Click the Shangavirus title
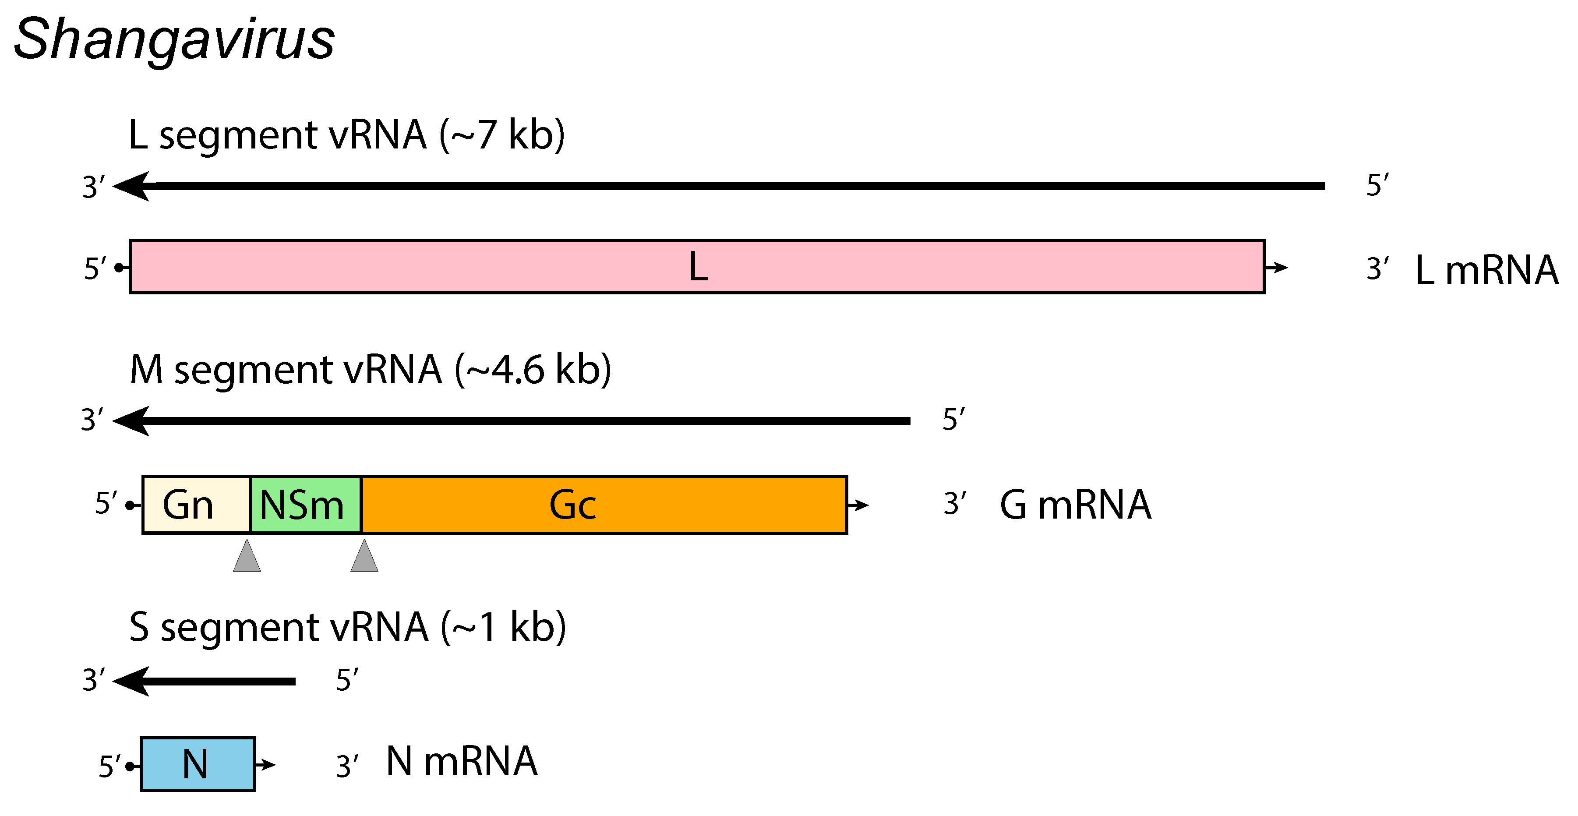(174, 40)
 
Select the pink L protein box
(697, 266)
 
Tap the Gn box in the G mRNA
(196, 505)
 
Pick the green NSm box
(306, 505)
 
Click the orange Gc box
(604, 505)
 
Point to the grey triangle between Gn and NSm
(247, 556)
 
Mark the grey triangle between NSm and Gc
(364, 556)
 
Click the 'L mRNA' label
(1486, 269)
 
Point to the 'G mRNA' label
(1075, 505)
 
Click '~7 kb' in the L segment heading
(502, 135)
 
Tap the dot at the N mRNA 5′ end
(129, 766)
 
